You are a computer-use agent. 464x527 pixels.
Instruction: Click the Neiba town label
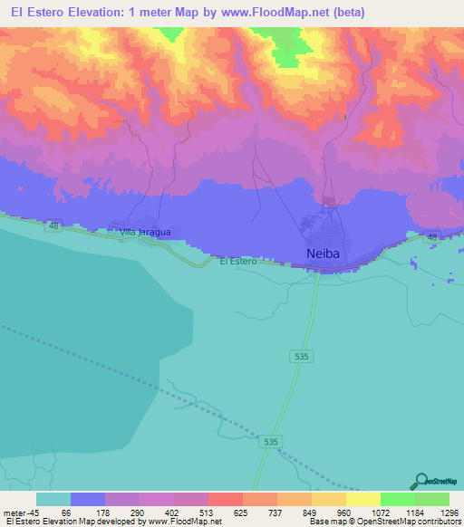[x=322, y=254]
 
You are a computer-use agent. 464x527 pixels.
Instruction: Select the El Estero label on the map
[x=238, y=262]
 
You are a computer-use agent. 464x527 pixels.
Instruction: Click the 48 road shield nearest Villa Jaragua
[x=54, y=225]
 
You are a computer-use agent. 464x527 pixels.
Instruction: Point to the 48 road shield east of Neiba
[x=432, y=237]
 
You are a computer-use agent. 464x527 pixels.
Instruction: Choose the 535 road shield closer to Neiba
[x=303, y=358]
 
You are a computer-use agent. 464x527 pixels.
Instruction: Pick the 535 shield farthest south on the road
[x=270, y=442]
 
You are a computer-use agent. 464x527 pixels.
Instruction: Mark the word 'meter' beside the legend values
[x=13, y=513]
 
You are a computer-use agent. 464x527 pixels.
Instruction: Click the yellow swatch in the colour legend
[x=362, y=499]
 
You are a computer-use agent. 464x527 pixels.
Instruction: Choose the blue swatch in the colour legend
[x=87, y=499]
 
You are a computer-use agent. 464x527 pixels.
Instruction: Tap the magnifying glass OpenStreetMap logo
[x=422, y=481]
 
